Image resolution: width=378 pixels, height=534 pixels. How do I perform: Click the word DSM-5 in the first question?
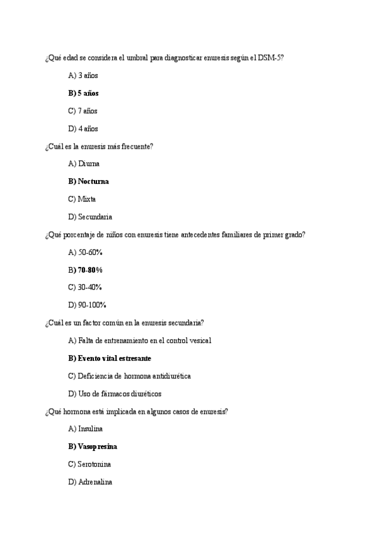coord(272,58)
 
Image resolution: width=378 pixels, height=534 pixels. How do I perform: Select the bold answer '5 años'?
coord(88,93)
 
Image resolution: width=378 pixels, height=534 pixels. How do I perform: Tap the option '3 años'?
coord(88,76)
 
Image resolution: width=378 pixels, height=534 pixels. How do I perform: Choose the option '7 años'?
coord(88,111)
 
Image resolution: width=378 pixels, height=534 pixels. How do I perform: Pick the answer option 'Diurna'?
coord(89,164)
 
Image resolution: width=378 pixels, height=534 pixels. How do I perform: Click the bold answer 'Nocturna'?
coord(93,181)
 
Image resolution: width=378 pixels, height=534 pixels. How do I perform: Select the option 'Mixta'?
coord(87,199)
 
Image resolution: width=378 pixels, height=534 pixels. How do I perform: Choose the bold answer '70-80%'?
coord(90,270)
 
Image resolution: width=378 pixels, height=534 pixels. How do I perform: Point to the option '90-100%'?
coord(91,305)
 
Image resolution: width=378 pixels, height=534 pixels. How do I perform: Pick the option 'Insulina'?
coord(90,429)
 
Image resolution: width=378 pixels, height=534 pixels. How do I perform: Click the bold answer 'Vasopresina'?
coord(97,446)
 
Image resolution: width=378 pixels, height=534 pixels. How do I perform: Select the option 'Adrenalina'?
coord(95,482)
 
